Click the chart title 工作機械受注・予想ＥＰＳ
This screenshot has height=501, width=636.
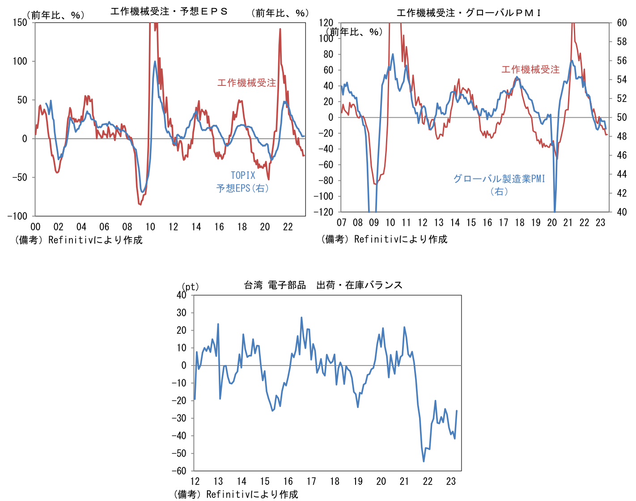pyautogui.click(x=169, y=11)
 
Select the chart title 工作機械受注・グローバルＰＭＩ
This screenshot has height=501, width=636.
pyautogui.click(x=469, y=13)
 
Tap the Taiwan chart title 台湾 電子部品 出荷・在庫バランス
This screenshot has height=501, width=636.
pyautogui.click(x=323, y=285)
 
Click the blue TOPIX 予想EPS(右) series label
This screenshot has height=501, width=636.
pyautogui.click(x=243, y=182)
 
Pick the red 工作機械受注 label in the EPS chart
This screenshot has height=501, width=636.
pyautogui.click(x=246, y=83)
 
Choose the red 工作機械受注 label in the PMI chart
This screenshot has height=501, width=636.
pyautogui.click(x=530, y=69)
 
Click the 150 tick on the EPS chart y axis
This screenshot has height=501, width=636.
pyautogui.click(x=20, y=22)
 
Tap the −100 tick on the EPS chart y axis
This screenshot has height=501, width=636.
pyautogui.click(x=17, y=216)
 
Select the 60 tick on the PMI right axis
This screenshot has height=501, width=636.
pyautogui.click(x=622, y=23)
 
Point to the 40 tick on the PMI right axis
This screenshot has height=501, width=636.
pyautogui.click(x=622, y=212)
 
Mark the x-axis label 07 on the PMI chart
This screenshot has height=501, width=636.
pyautogui.click(x=342, y=223)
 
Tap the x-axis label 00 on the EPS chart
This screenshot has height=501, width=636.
pyautogui.click(x=35, y=227)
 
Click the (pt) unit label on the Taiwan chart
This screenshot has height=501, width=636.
pyautogui.click(x=190, y=286)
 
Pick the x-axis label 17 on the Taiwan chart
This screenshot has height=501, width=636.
pyautogui.click(x=311, y=481)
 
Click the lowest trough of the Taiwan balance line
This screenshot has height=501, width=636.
pyautogui.click(x=424, y=461)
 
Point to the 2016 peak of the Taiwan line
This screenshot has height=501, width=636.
pyautogui.click(x=301, y=318)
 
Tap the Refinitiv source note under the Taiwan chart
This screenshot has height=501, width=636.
pyautogui.click(x=236, y=494)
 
